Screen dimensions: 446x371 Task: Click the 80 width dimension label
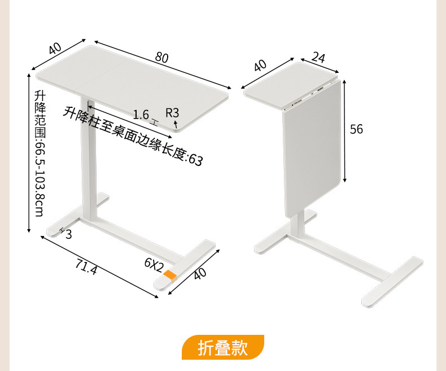tap(162, 58)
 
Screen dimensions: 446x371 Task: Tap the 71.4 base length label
tap(86, 267)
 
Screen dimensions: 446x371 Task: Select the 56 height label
tap(356, 129)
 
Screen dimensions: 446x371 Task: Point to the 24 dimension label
tap(318, 58)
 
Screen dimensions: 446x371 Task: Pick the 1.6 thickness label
tap(141, 115)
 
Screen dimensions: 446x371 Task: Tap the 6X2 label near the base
tap(154, 264)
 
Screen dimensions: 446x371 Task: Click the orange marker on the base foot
tap(169, 274)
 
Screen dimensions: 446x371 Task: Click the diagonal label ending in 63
tap(134, 136)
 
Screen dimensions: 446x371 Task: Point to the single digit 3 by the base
tap(68, 233)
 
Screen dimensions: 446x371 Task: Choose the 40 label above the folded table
tap(260, 65)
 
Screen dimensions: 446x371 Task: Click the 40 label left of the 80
tap(55, 49)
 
